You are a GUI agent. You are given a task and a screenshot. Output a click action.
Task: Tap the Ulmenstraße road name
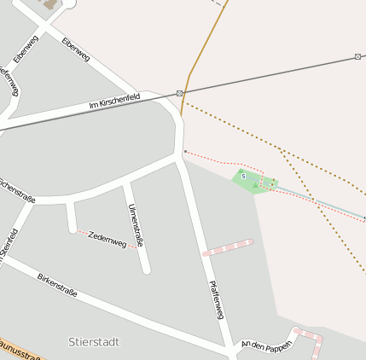pos(134,226)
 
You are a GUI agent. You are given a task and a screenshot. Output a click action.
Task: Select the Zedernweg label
pos(107,239)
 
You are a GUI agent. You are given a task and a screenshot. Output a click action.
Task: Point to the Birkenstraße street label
pos(57,286)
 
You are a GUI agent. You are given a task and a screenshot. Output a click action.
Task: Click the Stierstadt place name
pos(94,341)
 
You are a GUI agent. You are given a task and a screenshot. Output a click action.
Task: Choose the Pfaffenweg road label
pos(215,299)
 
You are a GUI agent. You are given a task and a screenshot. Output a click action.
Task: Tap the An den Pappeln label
pos(266,345)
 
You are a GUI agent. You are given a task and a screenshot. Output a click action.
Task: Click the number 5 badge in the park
pos(243,176)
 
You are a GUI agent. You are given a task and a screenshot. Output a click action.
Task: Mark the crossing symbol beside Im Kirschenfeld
pos(179,92)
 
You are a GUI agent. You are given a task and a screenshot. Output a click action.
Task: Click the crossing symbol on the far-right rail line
pos(357,57)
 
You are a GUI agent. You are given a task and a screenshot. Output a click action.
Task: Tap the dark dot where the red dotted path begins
pos(185,152)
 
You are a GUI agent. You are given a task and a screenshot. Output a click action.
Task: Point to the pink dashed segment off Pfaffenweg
pos(228,248)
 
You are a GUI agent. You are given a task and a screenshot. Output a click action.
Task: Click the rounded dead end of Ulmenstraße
pos(146,270)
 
